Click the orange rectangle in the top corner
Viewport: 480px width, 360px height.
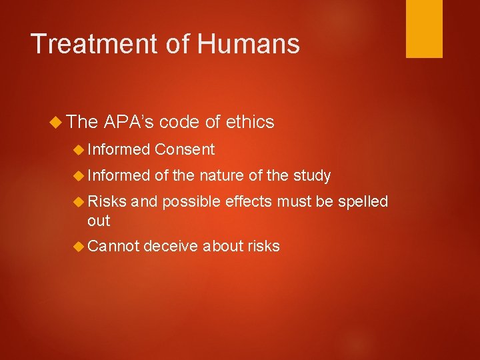click(424, 29)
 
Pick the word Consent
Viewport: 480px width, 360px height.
click(185, 149)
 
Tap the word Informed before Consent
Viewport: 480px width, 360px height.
click(119, 149)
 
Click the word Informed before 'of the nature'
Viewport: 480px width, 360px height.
click(119, 175)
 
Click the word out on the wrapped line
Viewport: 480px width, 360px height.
click(99, 221)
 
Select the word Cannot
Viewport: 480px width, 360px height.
click(113, 247)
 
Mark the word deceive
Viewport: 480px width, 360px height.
click(171, 247)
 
